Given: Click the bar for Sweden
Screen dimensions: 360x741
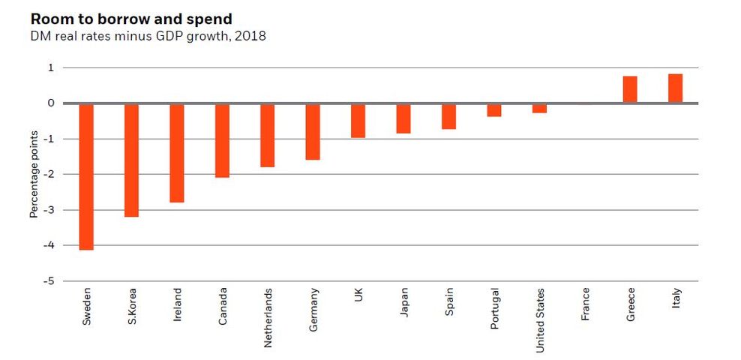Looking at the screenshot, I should pyautogui.click(x=86, y=176).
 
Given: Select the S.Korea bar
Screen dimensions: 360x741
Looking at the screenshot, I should pyautogui.click(x=131, y=160).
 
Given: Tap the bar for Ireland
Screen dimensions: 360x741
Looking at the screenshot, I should pyautogui.click(x=177, y=153).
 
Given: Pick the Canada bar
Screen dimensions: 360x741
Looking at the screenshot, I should pyautogui.click(x=222, y=140).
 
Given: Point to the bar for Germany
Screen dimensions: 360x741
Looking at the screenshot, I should pyautogui.click(x=313, y=131).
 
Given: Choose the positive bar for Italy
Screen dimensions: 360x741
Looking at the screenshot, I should pyautogui.click(x=675, y=88).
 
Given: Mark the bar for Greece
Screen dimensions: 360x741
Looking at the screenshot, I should pyautogui.click(x=630, y=89).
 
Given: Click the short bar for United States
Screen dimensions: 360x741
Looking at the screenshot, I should pyautogui.click(x=539, y=108).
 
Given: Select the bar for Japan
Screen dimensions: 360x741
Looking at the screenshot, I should pyautogui.click(x=403, y=118).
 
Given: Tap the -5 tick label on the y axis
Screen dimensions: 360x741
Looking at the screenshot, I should pyautogui.click(x=49, y=281).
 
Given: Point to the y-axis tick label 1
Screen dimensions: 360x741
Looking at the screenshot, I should pyautogui.click(x=51, y=67).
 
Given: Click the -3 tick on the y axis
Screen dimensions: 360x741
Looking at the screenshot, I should pyautogui.click(x=49, y=210).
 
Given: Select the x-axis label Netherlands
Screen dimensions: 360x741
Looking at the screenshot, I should pyautogui.click(x=268, y=317).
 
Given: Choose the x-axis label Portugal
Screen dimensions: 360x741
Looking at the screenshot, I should pyautogui.click(x=494, y=307).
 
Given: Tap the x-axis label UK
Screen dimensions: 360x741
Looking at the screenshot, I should pyautogui.click(x=358, y=296).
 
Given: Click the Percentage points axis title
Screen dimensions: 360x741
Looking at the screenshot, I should pyautogui.click(x=34, y=174).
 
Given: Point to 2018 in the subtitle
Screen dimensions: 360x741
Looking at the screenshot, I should pyautogui.click(x=250, y=36).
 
